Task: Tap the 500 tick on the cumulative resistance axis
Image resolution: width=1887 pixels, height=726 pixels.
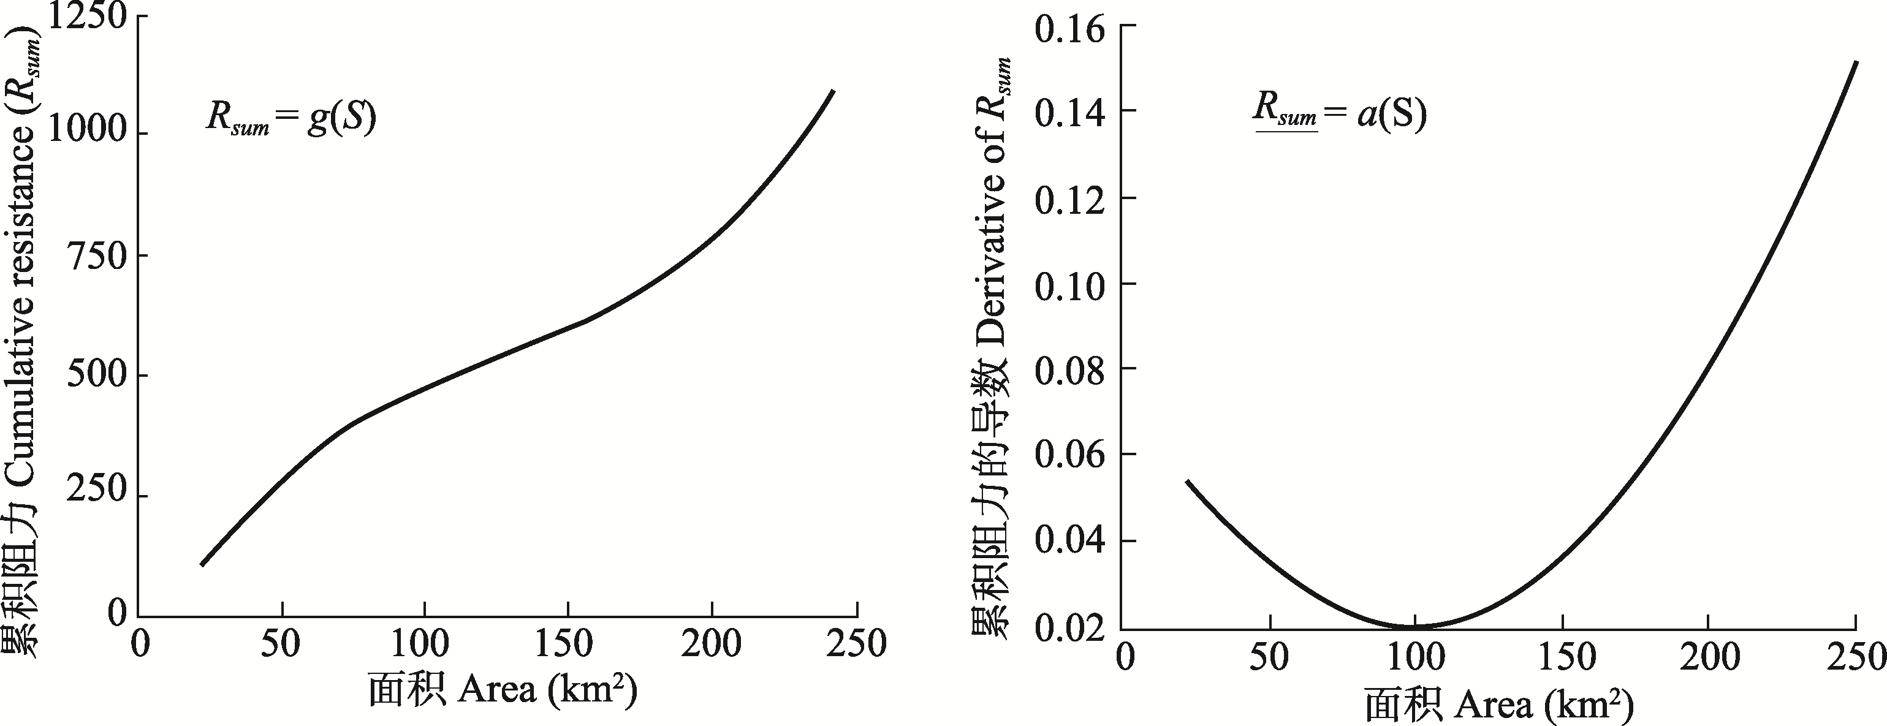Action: (x=97, y=376)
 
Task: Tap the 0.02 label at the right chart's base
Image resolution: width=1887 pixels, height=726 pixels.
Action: (x=1069, y=629)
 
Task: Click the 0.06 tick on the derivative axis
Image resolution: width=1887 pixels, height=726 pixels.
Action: (x=1069, y=456)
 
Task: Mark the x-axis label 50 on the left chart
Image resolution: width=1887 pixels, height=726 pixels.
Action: (x=282, y=645)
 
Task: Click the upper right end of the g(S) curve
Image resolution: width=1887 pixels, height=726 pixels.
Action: (x=833, y=91)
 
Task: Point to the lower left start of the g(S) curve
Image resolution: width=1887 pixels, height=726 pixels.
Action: (x=202, y=564)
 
